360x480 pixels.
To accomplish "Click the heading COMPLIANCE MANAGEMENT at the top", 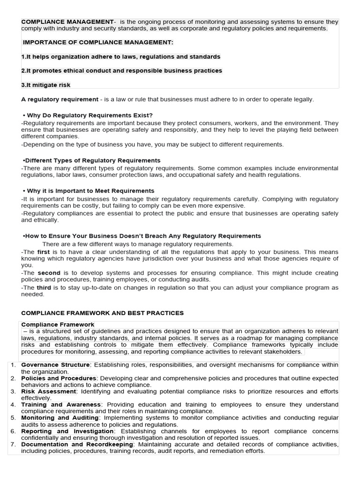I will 67,22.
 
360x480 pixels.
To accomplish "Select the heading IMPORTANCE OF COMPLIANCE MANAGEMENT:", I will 98,43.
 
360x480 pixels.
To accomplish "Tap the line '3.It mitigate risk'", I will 46,85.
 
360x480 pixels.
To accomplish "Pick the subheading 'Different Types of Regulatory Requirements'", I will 92,160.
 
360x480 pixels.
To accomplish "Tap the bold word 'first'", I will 44,252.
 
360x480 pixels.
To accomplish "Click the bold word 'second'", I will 49,272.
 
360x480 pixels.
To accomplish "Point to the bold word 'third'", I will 44,287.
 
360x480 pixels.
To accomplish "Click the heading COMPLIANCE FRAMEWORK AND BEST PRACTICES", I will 103,313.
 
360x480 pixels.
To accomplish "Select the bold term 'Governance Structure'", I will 55,365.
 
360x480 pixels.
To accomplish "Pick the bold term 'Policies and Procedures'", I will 59,378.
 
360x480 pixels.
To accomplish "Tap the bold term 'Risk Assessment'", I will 49,391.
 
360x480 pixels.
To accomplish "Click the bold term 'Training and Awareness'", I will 61,404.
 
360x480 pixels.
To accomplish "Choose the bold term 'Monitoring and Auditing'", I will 60,417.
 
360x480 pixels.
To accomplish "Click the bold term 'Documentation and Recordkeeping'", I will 78,444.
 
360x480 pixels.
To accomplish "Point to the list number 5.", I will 14,417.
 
